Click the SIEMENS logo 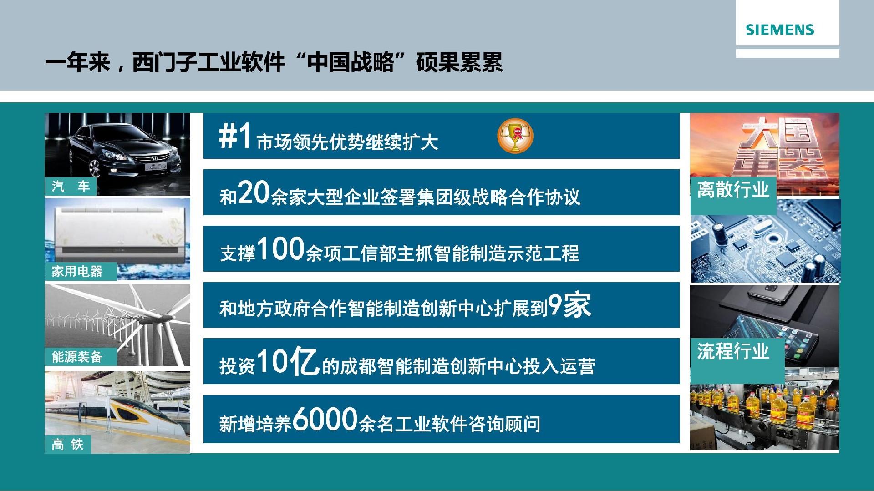point(780,30)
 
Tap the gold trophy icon point(515,136)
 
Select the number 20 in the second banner point(254,192)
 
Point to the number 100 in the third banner point(281,248)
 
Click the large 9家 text point(569,305)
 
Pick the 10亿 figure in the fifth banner point(288,361)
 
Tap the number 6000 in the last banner point(325,419)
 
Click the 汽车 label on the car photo point(71,186)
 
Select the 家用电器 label point(77,272)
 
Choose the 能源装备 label point(77,357)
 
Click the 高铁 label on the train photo point(68,444)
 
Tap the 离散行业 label point(733,190)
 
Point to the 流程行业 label point(733,351)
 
